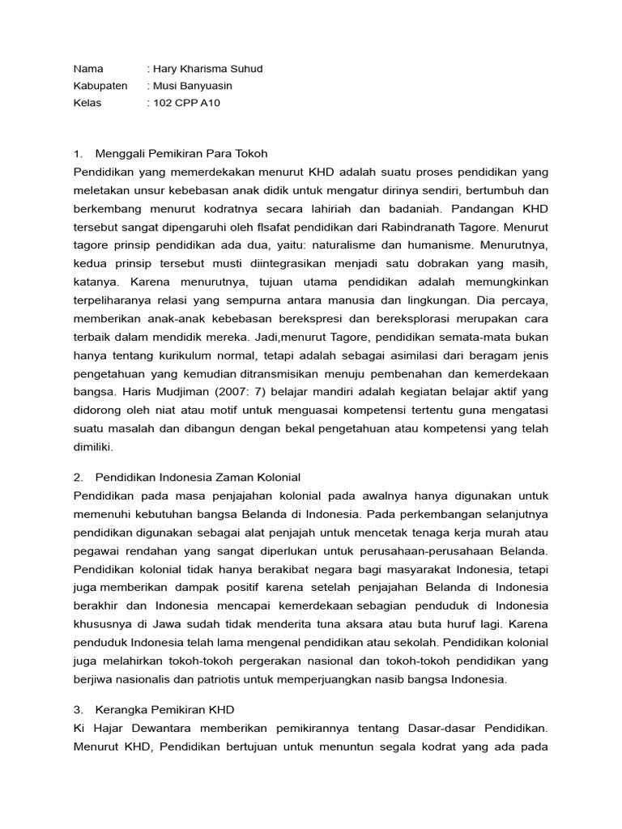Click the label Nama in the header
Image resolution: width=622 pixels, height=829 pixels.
pyautogui.click(x=88, y=69)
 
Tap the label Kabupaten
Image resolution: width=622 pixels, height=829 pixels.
pyautogui.click(x=100, y=86)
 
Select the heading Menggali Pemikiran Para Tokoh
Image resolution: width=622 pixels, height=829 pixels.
pyautogui.click(x=181, y=153)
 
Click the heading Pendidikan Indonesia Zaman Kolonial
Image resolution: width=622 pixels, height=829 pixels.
pyautogui.click(x=198, y=477)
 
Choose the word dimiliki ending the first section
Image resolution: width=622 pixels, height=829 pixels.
pyautogui.click(x=93, y=446)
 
